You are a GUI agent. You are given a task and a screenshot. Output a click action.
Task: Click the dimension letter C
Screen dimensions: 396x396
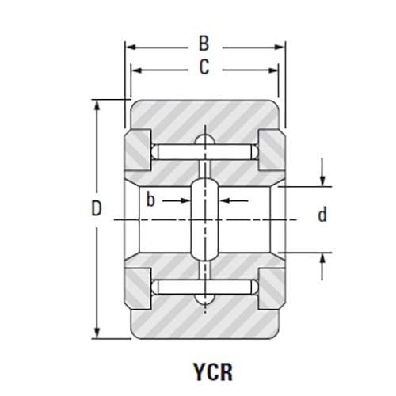point(204,69)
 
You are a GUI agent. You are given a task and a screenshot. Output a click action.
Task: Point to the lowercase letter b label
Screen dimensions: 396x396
point(150,200)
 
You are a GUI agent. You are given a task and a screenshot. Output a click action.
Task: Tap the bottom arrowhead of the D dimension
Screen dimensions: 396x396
point(97,333)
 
